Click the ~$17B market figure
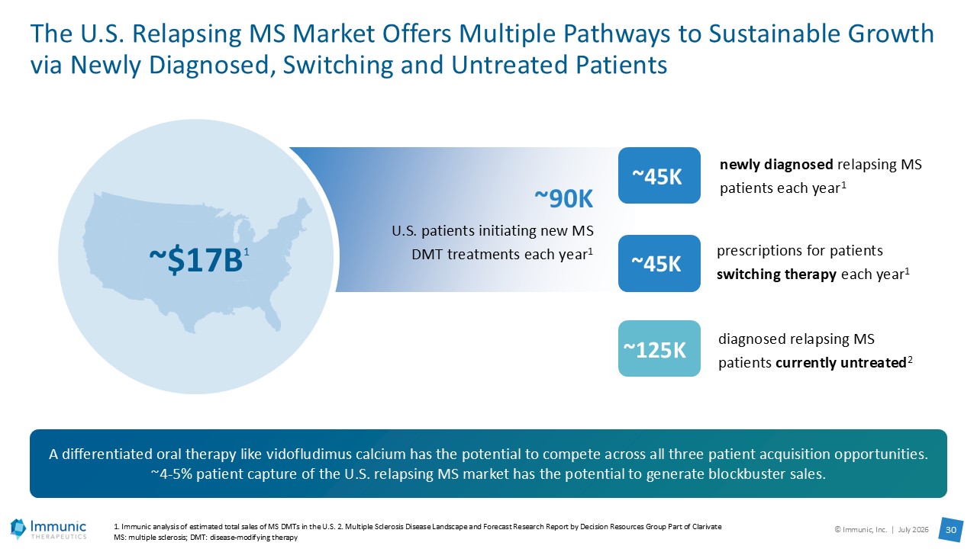(x=196, y=260)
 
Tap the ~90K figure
(x=563, y=199)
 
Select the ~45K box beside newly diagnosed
(x=659, y=175)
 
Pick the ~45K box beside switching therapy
(x=659, y=263)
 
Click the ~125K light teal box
(x=659, y=348)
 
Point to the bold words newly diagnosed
(x=776, y=165)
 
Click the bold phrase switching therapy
(x=776, y=274)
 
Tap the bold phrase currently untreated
(x=841, y=362)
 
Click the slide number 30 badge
(x=951, y=530)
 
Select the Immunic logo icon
(x=18, y=528)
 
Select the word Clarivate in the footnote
(x=709, y=527)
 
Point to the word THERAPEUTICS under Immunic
(x=59, y=537)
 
